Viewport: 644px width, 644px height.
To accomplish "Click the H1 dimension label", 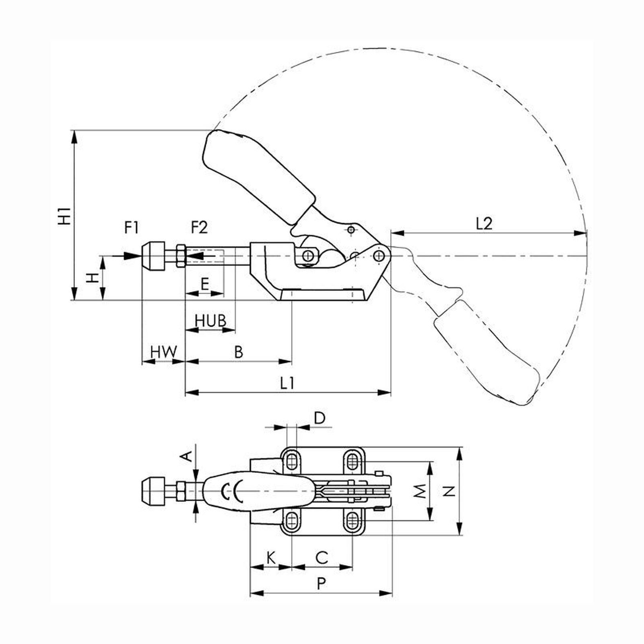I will pyautogui.click(x=64, y=216).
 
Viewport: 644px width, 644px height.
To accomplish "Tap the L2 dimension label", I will pyautogui.click(x=484, y=224).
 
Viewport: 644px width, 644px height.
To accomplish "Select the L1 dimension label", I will pyautogui.click(x=287, y=383).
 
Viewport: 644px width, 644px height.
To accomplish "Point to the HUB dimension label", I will pyautogui.click(x=210, y=321).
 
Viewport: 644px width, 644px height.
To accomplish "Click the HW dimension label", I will pyautogui.click(x=163, y=352).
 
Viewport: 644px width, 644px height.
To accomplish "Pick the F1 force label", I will pyautogui.click(x=131, y=228).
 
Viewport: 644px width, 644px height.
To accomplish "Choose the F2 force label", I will pyautogui.click(x=199, y=228).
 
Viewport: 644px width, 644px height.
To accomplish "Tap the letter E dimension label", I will pyautogui.click(x=205, y=285).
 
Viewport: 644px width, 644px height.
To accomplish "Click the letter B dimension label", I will pyautogui.click(x=239, y=352).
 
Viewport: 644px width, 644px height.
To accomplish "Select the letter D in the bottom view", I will pyautogui.click(x=319, y=418).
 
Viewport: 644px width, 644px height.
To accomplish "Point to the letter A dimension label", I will pyautogui.click(x=186, y=456).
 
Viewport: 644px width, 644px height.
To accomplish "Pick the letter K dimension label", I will pyautogui.click(x=271, y=558).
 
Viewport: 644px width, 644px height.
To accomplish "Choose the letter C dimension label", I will pyautogui.click(x=322, y=558).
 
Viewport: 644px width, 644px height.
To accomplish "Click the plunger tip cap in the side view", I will pyautogui.click(x=153, y=256).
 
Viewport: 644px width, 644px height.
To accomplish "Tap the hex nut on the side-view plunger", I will pyautogui.click(x=181, y=256).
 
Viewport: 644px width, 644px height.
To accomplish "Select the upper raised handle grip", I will pyautogui.click(x=258, y=177).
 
